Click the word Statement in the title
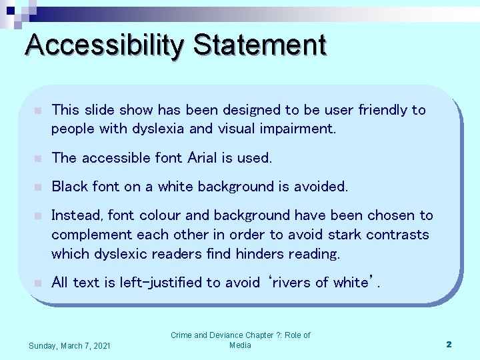(260, 45)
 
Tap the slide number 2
(449, 344)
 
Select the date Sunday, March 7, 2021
(70, 345)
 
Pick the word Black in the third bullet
(69, 187)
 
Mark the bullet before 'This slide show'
(39, 111)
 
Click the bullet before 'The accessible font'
(39, 159)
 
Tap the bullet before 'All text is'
(39, 283)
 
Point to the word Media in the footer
(240, 345)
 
